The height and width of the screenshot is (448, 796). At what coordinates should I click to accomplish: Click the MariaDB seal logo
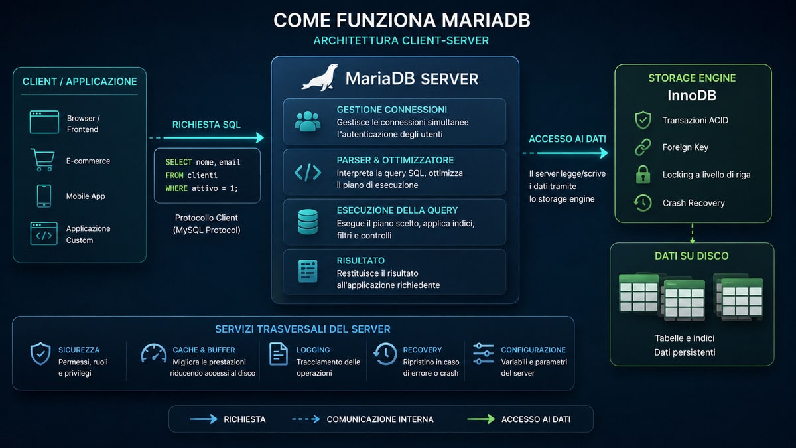320,78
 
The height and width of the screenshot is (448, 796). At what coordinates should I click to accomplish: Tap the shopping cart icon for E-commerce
42,160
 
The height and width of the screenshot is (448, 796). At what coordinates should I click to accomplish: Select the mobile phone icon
44,196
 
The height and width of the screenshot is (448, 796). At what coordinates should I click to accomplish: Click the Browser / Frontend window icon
44,122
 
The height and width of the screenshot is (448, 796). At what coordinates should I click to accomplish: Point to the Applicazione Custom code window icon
44,233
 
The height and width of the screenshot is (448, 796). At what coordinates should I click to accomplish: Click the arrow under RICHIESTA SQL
207,137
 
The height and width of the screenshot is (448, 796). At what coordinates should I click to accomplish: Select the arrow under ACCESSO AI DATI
565,153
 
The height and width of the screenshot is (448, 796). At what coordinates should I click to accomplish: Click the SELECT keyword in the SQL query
178,162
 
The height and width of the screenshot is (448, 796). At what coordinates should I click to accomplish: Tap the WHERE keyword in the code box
176,188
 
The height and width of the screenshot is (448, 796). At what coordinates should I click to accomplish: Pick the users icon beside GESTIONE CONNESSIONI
307,121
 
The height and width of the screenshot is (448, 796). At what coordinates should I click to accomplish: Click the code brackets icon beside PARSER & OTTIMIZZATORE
308,173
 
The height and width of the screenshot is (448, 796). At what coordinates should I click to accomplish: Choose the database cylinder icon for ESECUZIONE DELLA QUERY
308,222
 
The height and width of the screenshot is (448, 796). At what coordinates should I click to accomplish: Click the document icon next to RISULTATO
308,271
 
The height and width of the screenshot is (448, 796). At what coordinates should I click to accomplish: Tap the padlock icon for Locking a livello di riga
643,174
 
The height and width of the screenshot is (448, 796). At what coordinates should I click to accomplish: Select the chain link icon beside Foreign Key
643,147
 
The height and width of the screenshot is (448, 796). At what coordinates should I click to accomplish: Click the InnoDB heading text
692,96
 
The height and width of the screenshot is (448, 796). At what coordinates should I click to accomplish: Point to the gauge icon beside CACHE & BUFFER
154,353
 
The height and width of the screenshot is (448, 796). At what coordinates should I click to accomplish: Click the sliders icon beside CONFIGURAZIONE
484,354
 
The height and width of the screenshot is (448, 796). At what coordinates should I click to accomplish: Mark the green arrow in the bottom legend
481,419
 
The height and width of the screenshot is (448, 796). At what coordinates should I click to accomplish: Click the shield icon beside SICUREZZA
40,354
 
